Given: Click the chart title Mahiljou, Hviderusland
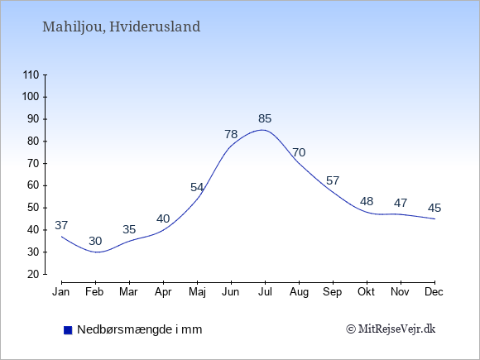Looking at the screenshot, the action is tap(121, 27).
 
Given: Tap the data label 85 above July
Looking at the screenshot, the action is tap(265, 118).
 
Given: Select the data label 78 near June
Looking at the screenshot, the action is tap(231, 134).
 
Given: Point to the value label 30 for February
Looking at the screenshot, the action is tap(95, 241).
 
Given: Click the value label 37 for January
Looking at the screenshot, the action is tap(61, 225).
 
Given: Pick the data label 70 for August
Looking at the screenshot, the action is tap(299, 152).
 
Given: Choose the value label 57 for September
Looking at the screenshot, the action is tap(333, 180).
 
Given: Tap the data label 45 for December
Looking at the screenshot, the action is tap(434, 209).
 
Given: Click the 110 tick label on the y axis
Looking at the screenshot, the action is tap(31, 74).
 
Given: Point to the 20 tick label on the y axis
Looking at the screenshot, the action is tap(33, 274).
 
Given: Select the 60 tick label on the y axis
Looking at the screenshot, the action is tap(33, 185).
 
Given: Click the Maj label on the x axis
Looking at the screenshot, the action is tap(197, 292).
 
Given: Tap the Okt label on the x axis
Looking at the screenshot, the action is tap(366, 292).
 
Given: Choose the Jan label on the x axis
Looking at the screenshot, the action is tap(61, 292).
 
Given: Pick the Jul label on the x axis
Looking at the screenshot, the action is tap(265, 292).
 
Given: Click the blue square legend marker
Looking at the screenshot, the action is tap(68, 330).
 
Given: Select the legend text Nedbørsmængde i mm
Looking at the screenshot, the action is tap(140, 329).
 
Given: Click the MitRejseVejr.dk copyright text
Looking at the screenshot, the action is tap(391, 329).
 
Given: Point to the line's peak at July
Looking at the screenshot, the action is tap(262, 130).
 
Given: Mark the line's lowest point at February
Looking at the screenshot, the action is tap(97, 252).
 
